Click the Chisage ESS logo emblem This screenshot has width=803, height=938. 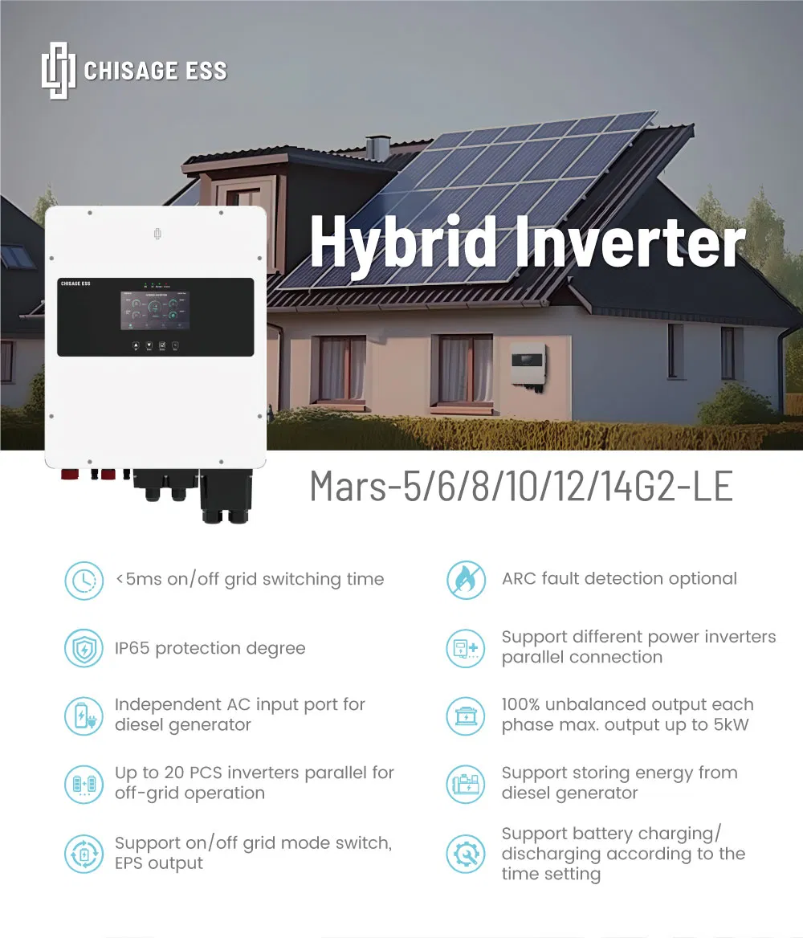click(58, 70)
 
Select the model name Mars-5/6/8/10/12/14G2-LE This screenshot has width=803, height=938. click(521, 486)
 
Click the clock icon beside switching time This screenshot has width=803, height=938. click(84, 580)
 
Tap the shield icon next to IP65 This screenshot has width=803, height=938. click(84, 649)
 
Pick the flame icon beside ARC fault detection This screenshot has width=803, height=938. click(466, 580)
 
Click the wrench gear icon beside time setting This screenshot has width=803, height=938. click(466, 854)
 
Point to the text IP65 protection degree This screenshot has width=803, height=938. click(210, 649)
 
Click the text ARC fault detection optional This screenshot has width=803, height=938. click(619, 579)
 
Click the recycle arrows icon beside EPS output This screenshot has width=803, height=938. click(84, 854)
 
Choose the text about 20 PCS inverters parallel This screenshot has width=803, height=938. click(254, 783)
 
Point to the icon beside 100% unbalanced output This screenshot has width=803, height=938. click(466, 716)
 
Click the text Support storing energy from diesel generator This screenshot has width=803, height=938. click(619, 783)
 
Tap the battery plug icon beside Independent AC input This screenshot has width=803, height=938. click(84, 716)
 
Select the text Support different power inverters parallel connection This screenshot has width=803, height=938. click(638, 647)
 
